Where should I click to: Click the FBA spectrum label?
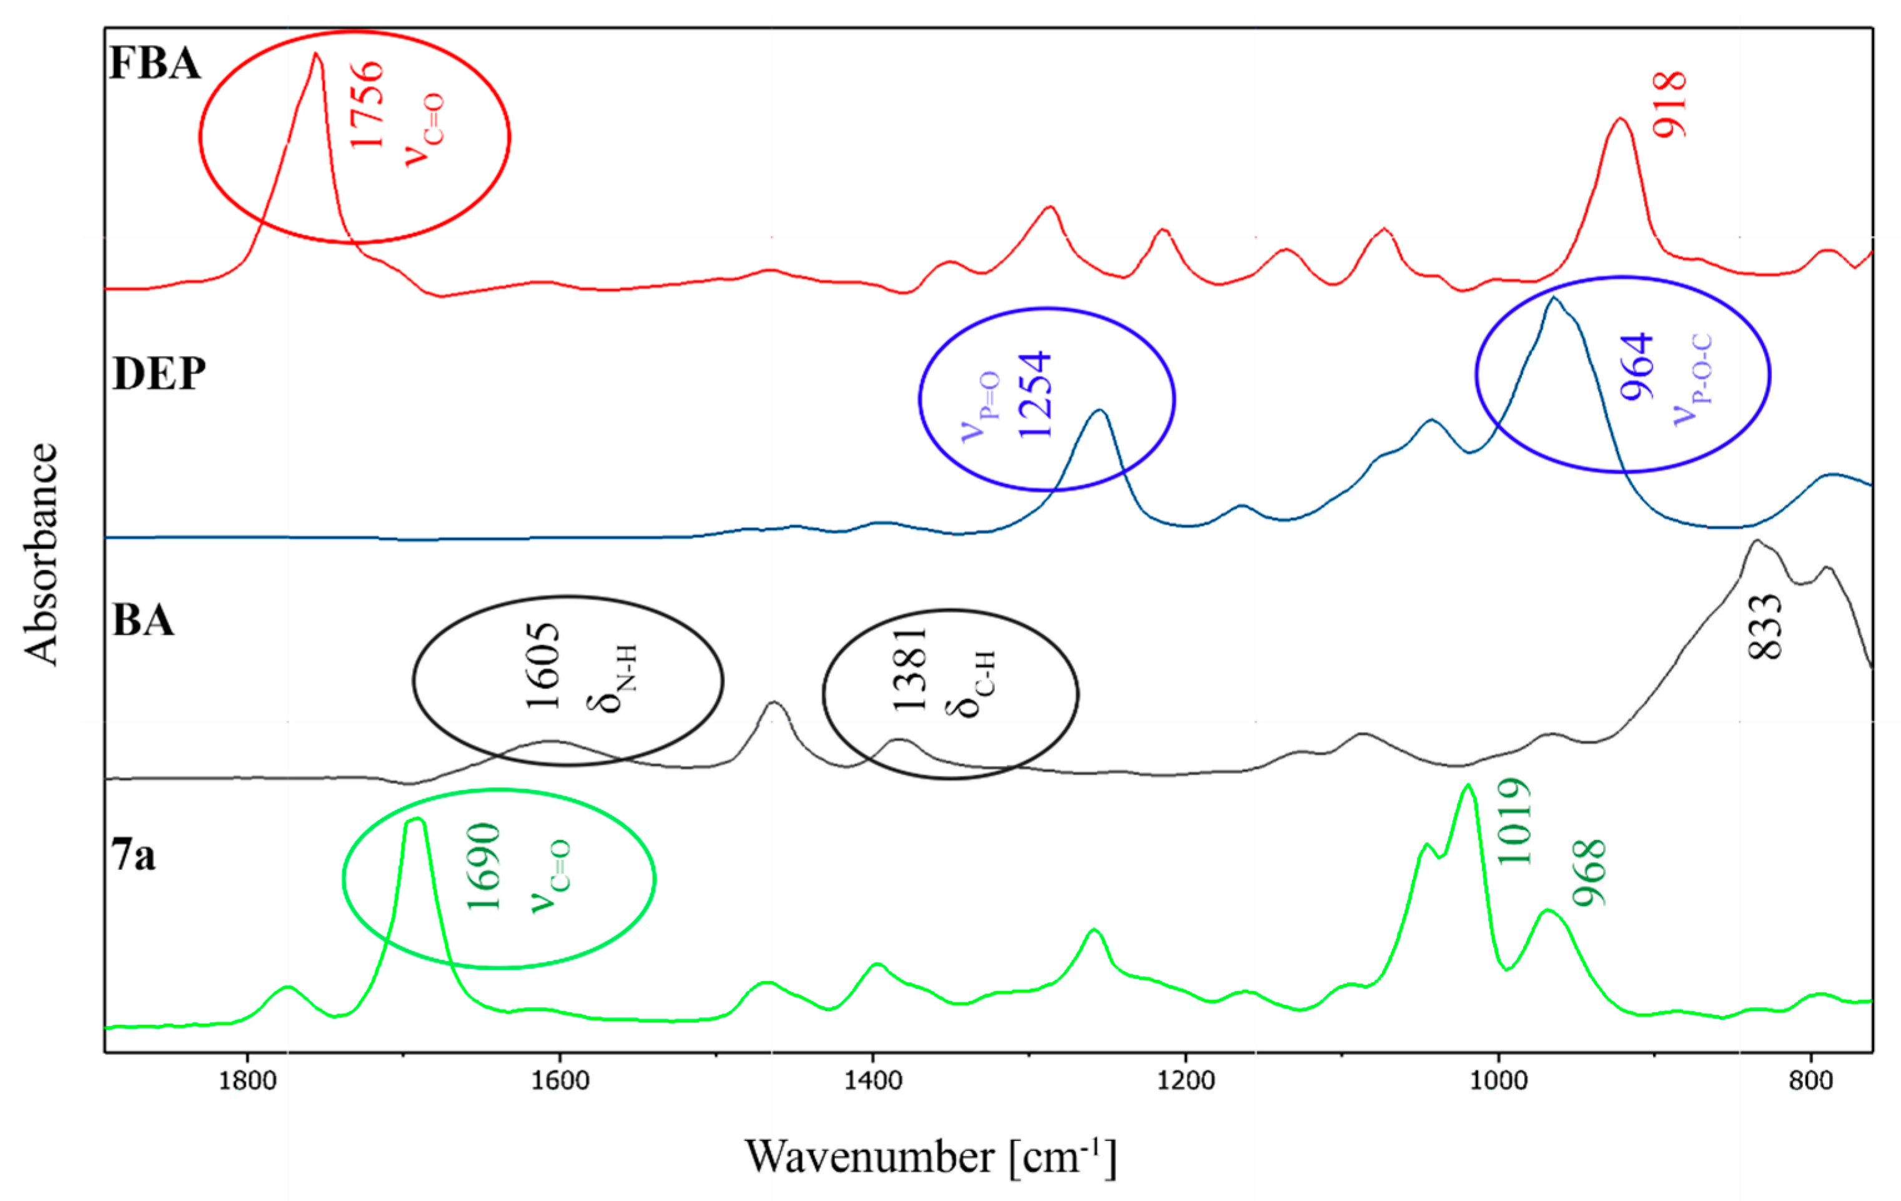pyautogui.click(x=155, y=63)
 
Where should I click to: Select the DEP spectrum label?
pyautogui.click(x=159, y=373)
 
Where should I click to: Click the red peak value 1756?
pyautogui.click(x=367, y=105)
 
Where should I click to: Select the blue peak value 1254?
pyautogui.click(x=1034, y=395)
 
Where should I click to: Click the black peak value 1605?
pyautogui.click(x=543, y=666)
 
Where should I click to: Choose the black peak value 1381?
pyautogui.click(x=909, y=670)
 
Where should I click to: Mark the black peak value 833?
pyautogui.click(x=1766, y=627)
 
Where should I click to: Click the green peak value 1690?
pyautogui.click(x=484, y=867)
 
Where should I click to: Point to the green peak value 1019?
pyautogui.click(x=1514, y=821)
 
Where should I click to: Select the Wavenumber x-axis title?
pyautogui.click(x=930, y=1157)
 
